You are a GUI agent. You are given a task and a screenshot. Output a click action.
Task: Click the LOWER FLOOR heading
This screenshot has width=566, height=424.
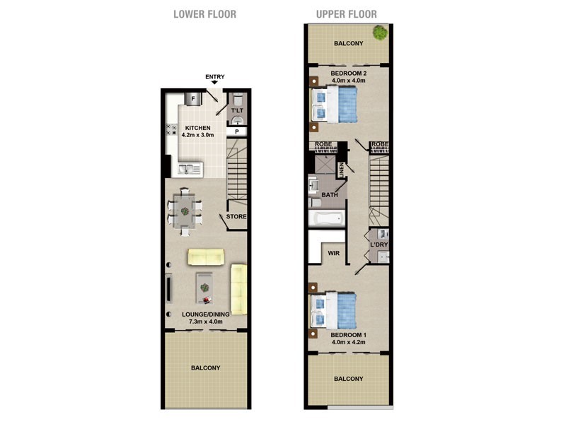[204, 14]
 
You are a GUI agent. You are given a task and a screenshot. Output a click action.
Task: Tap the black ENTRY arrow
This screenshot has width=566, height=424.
[214, 83]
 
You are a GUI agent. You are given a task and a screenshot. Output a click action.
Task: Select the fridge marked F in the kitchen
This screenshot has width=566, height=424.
[192, 98]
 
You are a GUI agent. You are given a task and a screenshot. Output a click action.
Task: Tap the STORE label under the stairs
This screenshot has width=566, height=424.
[236, 216]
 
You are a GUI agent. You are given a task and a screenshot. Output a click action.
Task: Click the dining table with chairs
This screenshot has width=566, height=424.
[185, 209]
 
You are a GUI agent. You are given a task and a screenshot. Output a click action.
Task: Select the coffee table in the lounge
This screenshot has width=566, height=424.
[204, 286]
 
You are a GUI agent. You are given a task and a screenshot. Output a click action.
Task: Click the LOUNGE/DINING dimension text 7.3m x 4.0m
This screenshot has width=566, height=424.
[205, 322]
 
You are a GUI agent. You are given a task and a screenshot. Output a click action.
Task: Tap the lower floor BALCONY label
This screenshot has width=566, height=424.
[205, 367]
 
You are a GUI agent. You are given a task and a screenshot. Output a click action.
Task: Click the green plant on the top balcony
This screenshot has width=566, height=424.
[380, 32]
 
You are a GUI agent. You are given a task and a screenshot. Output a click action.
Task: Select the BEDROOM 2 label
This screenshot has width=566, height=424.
[348, 72]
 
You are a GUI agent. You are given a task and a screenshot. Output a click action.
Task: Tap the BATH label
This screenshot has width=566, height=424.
[330, 194]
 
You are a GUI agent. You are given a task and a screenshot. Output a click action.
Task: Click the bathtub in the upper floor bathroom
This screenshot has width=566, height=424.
[325, 218]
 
